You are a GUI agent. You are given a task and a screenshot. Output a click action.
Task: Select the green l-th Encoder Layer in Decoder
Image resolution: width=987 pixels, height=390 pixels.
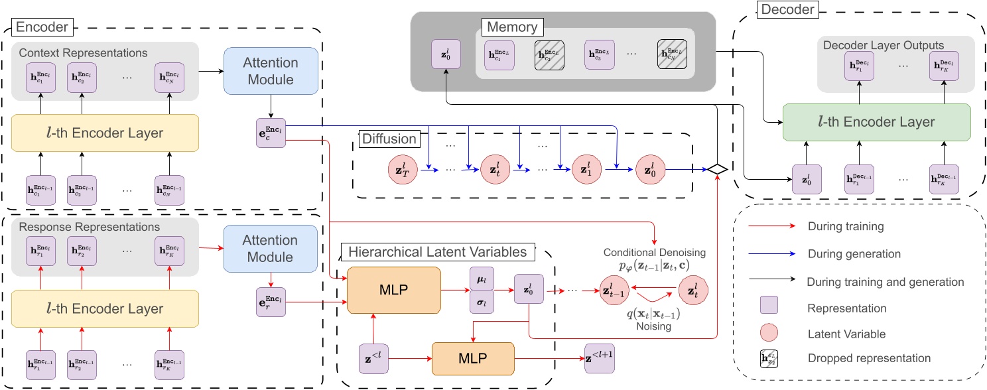pyautogui.click(x=877, y=121)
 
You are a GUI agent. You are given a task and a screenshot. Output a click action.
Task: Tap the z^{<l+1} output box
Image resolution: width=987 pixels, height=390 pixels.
pyautogui.click(x=600, y=359)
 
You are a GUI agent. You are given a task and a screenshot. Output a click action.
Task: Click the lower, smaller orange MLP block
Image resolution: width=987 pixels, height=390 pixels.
pyautogui.click(x=473, y=359)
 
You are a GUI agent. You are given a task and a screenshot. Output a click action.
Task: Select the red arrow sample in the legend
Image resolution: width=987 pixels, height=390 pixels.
pyautogui.click(x=771, y=226)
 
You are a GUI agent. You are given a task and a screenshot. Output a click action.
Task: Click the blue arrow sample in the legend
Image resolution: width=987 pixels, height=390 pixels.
pyautogui.click(x=771, y=253)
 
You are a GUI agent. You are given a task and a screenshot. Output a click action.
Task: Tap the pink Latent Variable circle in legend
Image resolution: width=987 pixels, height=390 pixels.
pyautogui.click(x=771, y=334)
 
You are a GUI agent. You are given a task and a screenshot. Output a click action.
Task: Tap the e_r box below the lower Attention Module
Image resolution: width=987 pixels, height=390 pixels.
pyautogui.click(x=271, y=298)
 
